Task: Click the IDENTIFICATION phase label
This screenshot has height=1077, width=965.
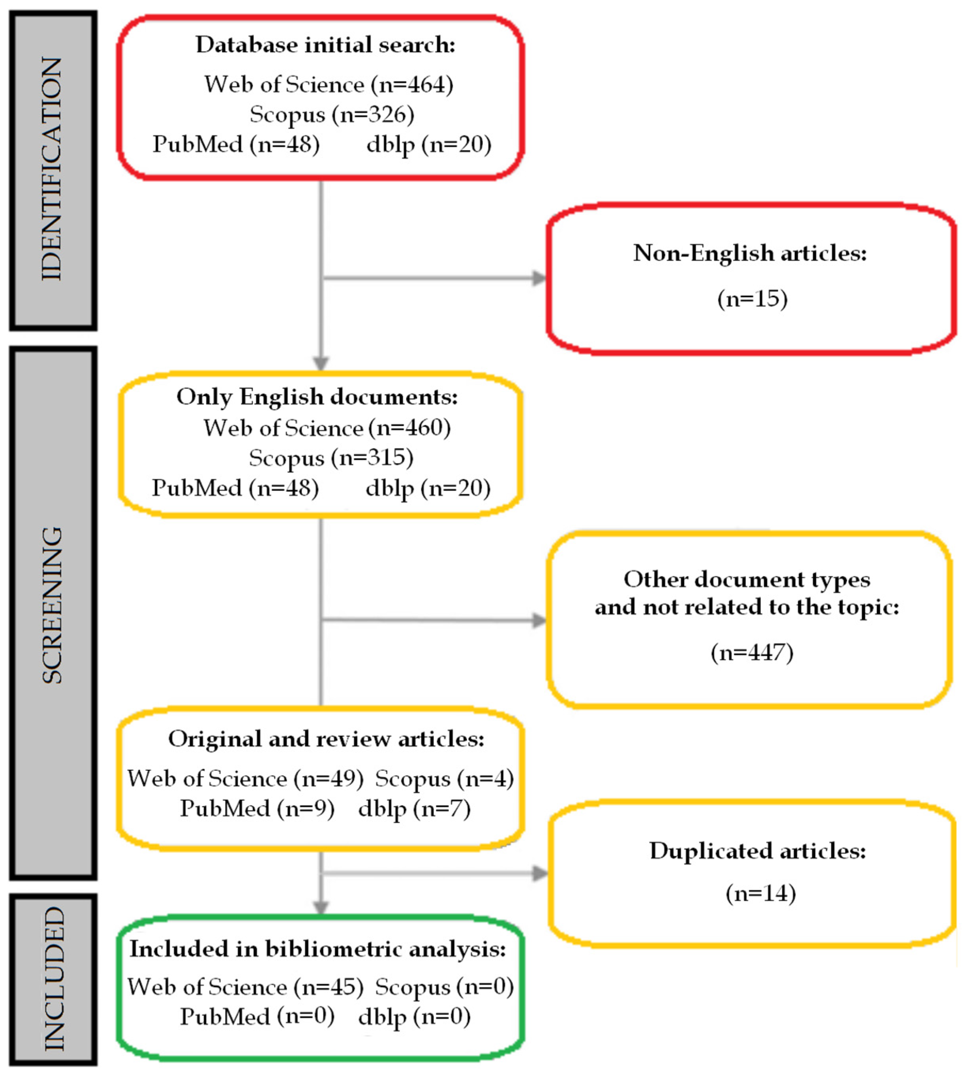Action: point(53,170)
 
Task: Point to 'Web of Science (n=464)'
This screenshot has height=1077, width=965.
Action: point(329,85)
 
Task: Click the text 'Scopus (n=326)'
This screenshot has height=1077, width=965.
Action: point(332,115)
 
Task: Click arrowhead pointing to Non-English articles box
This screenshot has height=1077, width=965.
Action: point(539,278)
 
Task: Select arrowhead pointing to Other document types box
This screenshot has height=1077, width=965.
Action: point(539,620)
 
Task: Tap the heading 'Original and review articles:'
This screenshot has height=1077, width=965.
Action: point(326,739)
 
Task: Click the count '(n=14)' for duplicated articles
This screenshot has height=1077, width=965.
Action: point(760,893)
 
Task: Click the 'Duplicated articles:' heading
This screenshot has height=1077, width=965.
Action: point(758,851)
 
